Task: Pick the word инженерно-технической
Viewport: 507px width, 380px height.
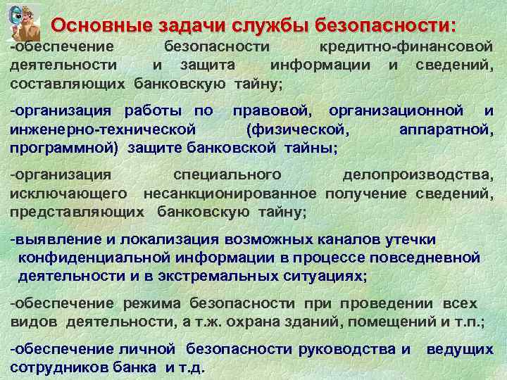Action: pos(103,129)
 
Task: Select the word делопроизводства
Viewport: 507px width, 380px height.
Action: pos(418,174)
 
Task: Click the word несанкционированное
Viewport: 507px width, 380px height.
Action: pos(230,193)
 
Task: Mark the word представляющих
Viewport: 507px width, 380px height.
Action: pos(78,211)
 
